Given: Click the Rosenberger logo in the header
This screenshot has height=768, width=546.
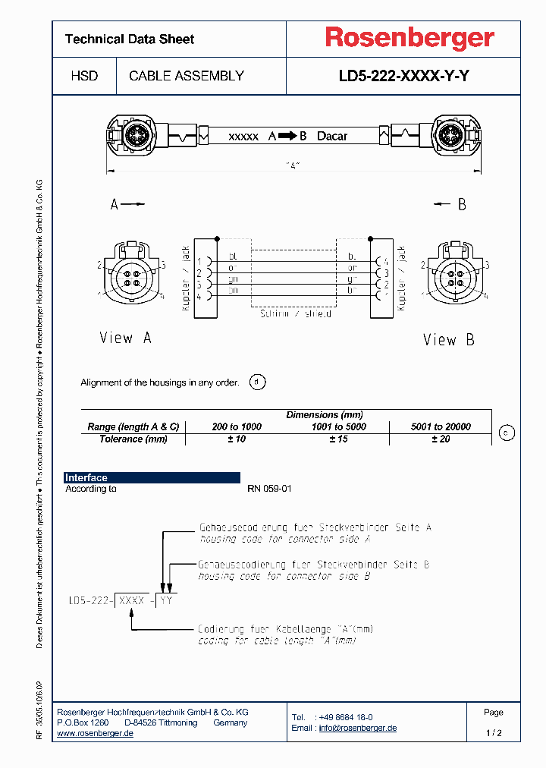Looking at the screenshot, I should tap(409, 38).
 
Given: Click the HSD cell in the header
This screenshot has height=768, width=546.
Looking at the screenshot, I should tap(84, 76).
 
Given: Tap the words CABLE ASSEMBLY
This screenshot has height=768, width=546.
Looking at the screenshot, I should tap(187, 76).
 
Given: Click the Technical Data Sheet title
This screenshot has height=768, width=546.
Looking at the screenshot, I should tap(130, 39).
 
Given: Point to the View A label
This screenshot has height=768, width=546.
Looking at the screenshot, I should tap(125, 338).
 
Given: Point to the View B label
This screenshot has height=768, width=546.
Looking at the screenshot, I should tap(449, 340).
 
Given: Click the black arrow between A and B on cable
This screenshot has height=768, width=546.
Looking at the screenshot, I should tap(287, 136).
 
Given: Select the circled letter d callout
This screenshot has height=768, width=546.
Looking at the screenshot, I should tap(258, 382).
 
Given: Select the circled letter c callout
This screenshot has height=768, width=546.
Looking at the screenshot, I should tap(507, 433).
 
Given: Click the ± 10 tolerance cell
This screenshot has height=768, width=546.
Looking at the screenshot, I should tap(237, 439).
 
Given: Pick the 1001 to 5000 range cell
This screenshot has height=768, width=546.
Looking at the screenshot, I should tap(338, 426).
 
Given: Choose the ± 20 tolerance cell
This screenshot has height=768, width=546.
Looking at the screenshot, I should tap(441, 439).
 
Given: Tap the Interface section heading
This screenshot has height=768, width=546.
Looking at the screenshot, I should tap(86, 477).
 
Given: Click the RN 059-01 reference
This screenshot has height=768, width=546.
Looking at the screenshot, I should tap(269, 489).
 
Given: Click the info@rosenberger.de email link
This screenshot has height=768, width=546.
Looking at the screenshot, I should tap(357, 728).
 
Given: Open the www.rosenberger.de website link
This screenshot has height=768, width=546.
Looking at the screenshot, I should tap(96, 733).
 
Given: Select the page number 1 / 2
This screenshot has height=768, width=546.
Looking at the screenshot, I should tap(494, 733).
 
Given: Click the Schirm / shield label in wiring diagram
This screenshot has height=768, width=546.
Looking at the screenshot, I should tap(290, 313).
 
